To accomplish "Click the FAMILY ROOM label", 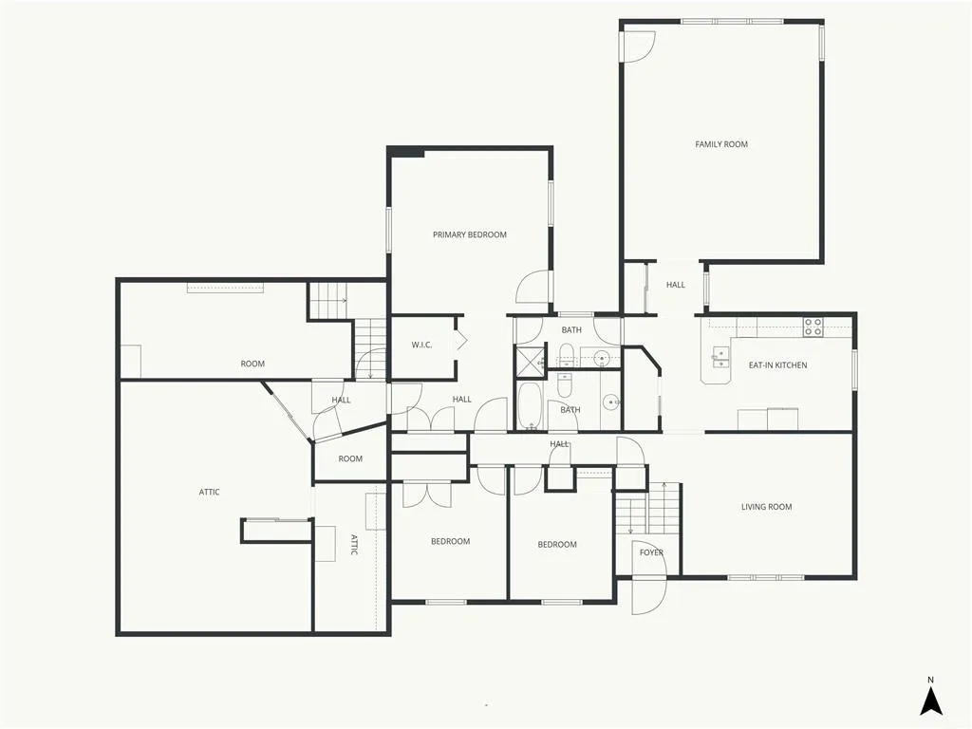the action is point(721,144).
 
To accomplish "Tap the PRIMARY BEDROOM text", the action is point(469,235).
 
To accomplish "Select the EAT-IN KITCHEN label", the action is point(777,365).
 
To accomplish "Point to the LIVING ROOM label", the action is point(766,507).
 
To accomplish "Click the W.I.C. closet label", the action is point(421,346).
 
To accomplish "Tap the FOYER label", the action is point(651,552).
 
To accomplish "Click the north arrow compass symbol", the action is point(930,701).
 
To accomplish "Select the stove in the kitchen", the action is point(813,327).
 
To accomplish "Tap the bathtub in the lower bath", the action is point(529,406).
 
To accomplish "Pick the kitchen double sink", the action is point(720,358).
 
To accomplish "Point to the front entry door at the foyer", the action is point(649,596).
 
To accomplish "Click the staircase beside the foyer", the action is point(647,509).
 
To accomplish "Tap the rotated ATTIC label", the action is point(354,544).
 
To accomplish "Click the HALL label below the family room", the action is point(675,285).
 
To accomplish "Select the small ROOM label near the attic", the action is point(350,459).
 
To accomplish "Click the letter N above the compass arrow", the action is point(930,680).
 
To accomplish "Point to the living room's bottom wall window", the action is point(766,578).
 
